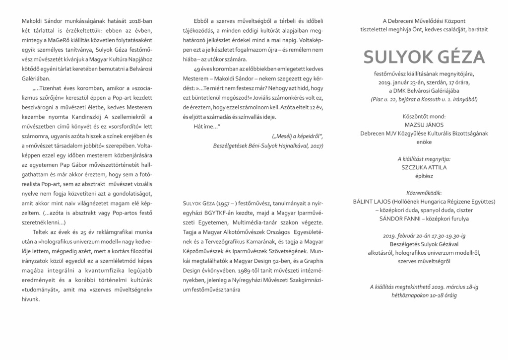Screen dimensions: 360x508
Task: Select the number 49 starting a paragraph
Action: pos(197,70)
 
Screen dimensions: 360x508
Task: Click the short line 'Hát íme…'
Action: pos(206,126)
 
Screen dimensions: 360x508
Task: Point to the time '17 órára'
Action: pos(456,82)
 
